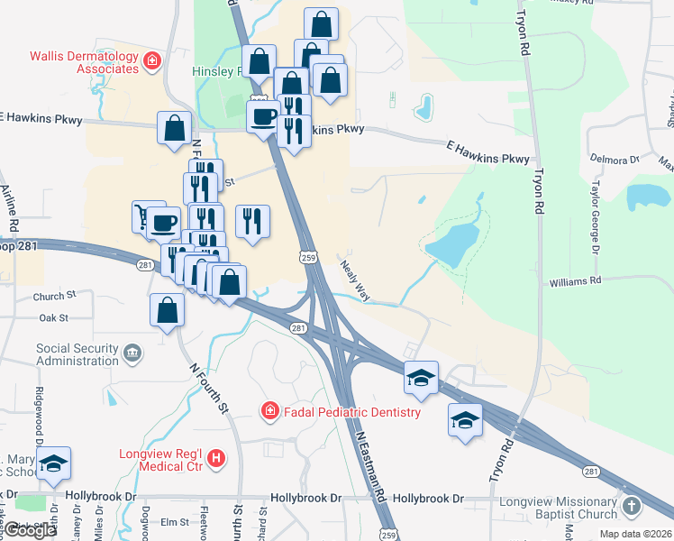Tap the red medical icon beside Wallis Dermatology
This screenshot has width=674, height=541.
click(152, 60)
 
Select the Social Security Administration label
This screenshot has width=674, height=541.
click(77, 353)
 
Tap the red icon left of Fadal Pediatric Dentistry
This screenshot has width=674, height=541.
click(269, 412)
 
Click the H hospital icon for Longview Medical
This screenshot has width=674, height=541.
click(215, 459)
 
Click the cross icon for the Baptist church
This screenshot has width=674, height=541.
click(633, 508)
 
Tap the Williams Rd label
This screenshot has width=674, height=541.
click(575, 282)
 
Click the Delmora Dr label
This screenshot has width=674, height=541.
click(614, 159)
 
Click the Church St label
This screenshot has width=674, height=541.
click(50, 297)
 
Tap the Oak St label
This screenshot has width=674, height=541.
click(54, 317)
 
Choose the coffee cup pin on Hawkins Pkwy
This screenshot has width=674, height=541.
click(264, 116)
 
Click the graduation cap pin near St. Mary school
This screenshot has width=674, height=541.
click(54, 464)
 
